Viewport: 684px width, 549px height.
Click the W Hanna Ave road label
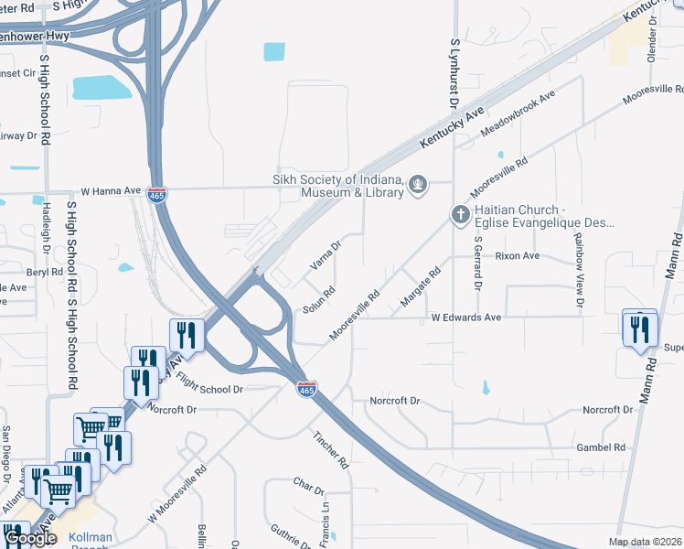tap(111, 191)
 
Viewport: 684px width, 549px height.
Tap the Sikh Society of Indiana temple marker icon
tap(419, 185)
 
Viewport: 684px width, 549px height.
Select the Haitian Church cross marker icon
tap(460, 215)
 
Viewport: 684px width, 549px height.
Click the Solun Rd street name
tap(320, 298)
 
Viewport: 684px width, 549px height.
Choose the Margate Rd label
tap(421, 286)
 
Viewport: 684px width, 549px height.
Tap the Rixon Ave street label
tap(518, 256)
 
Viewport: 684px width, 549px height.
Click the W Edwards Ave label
tap(466, 318)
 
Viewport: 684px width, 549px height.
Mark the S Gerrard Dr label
tap(477, 263)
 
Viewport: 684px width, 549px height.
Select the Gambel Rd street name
tap(600, 447)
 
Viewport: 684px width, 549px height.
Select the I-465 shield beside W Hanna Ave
tap(158, 195)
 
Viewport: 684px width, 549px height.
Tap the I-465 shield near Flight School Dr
tap(307, 390)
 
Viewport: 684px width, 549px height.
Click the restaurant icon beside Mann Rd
tap(639, 328)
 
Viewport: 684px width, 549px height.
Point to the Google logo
tap(31, 539)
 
